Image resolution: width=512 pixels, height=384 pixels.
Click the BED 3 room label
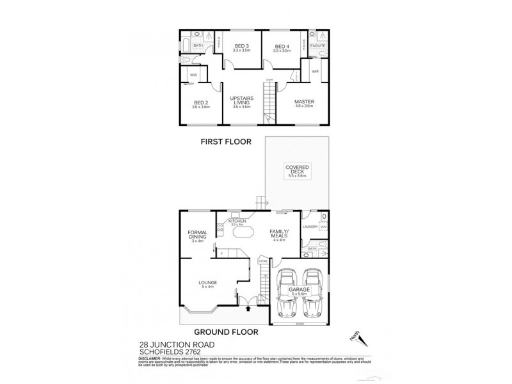[241, 46]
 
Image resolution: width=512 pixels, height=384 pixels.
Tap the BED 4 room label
[282, 46]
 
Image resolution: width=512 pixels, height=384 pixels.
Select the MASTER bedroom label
[304, 102]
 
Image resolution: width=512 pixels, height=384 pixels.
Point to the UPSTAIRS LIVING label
[243, 100]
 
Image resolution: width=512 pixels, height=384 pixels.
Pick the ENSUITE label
[317, 47]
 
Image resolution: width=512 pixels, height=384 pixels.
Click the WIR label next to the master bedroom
[316, 71]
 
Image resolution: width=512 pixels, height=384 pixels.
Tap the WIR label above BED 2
[193, 75]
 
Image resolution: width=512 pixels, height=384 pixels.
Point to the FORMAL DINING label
[196, 236]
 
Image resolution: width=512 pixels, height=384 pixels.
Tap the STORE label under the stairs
[262, 260]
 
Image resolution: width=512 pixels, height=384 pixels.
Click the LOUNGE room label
[207, 282]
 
